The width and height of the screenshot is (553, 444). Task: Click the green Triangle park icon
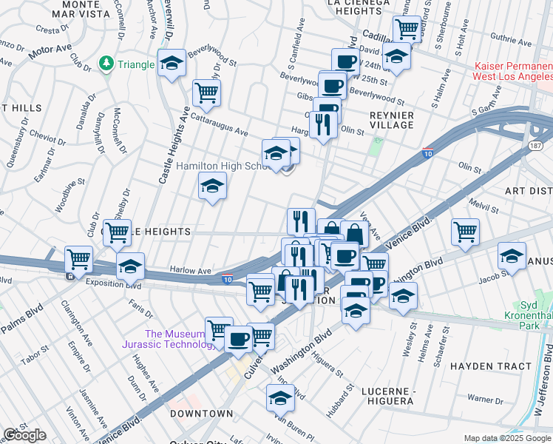coord(107,64)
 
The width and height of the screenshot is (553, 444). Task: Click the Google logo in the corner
coord(24,435)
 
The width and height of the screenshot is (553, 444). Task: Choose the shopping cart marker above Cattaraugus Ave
coord(206,92)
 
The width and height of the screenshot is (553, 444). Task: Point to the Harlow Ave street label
coord(191,271)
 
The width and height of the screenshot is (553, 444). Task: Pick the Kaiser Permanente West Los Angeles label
coord(514,71)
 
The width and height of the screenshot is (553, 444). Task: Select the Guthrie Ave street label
coord(515,36)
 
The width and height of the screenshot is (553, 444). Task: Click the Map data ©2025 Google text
coord(506,438)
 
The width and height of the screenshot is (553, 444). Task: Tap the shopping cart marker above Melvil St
coord(465,232)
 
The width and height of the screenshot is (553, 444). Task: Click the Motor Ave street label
coord(50,51)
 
